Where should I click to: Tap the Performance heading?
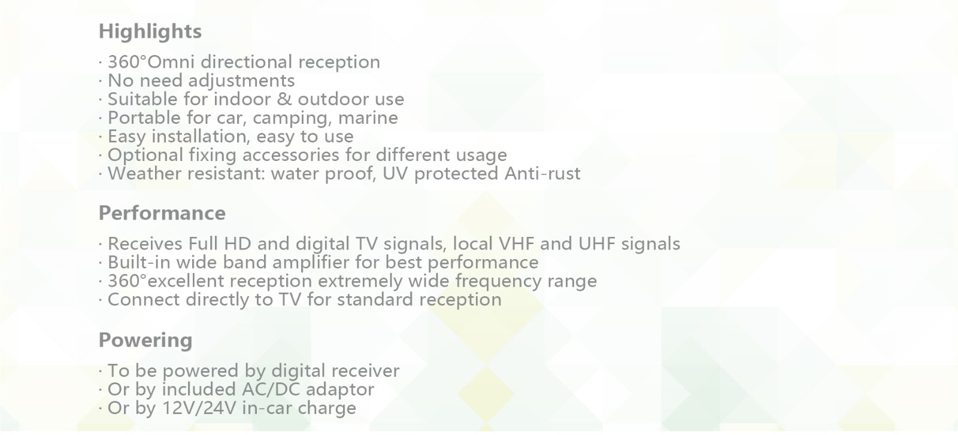(162, 213)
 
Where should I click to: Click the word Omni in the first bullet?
(171, 62)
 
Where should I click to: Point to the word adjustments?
(241, 81)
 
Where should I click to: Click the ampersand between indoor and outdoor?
(284, 99)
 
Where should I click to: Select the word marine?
(368, 118)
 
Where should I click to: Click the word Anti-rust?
(542, 174)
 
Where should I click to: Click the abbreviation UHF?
(596, 244)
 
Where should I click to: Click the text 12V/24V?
(199, 408)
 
